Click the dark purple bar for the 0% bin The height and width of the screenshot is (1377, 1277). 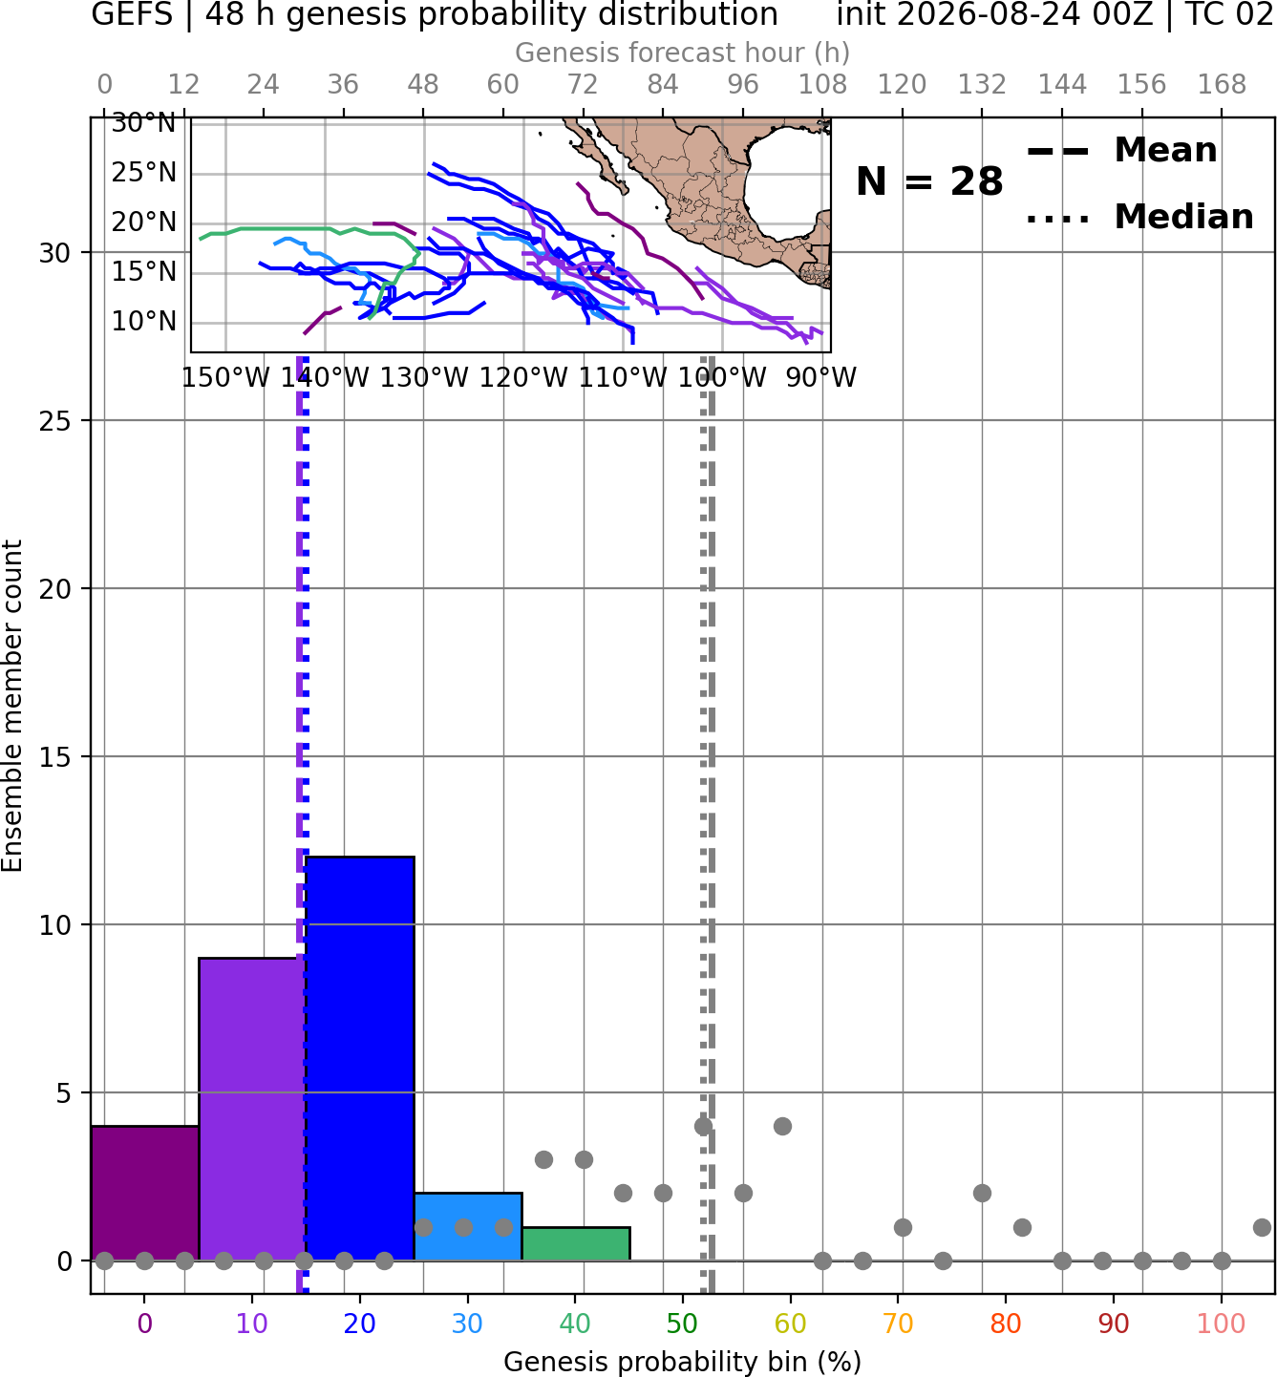coord(145,1193)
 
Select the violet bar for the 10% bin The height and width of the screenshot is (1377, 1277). coord(252,1109)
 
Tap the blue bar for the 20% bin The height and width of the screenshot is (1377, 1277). coord(360,1058)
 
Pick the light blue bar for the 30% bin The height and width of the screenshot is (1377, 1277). coord(468,1226)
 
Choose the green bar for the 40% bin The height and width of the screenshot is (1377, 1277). coord(576,1243)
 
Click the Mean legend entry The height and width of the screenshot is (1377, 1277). coord(1121,151)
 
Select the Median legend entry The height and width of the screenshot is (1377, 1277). coord(1140,217)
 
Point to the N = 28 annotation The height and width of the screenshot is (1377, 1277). coord(929,181)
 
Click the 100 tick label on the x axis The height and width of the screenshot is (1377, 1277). coord(1221,1324)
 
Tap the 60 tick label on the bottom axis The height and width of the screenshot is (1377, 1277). coord(790,1324)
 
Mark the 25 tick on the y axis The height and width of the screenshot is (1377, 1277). coord(54,421)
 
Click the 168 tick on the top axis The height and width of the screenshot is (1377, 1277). coord(1222,85)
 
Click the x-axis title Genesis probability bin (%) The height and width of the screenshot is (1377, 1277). coord(683,1362)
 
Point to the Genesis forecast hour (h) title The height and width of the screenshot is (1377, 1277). coord(683,53)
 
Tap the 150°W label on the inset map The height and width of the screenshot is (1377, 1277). coord(225,378)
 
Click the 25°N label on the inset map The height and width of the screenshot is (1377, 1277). coord(144,173)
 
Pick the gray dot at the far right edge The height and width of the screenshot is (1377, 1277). coord(1262,1227)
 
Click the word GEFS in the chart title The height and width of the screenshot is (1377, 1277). coord(132,14)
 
